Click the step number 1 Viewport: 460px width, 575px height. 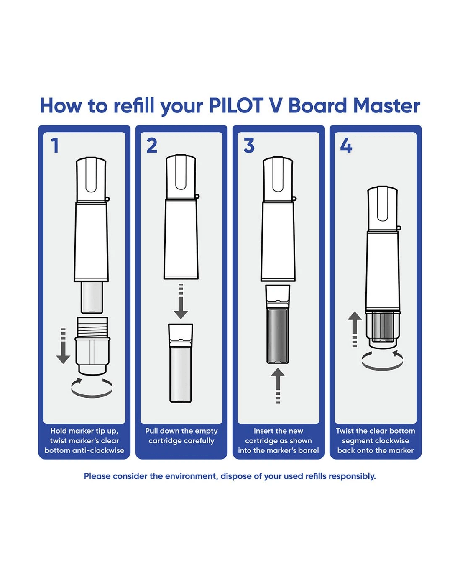[55, 146]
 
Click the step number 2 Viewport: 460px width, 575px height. [152, 146]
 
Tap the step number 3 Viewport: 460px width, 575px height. [249, 146]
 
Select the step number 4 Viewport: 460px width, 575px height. [346, 146]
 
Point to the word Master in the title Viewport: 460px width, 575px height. [386, 106]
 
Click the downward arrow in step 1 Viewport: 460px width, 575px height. [63, 346]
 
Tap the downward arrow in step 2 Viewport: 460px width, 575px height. [181, 302]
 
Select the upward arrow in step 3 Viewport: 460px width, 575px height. [278, 386]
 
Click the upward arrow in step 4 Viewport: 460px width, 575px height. [355, 329]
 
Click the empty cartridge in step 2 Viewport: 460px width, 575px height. [181, 363]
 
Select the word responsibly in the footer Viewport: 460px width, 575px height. [352, 476]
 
